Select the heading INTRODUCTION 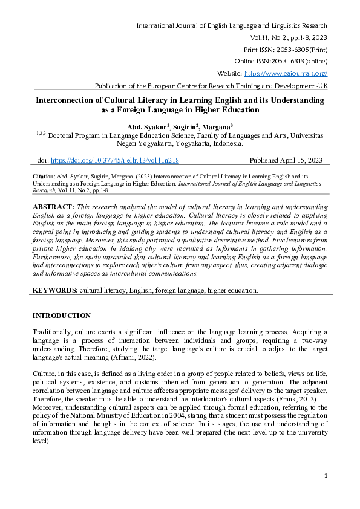pyautogui.click(x=61, y=316)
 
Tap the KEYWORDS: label pyautogui.click(x=54, y=290)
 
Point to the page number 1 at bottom pyautogui.click(x=326, y=476)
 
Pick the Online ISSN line pyautogui.click(x=281, y=61)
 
